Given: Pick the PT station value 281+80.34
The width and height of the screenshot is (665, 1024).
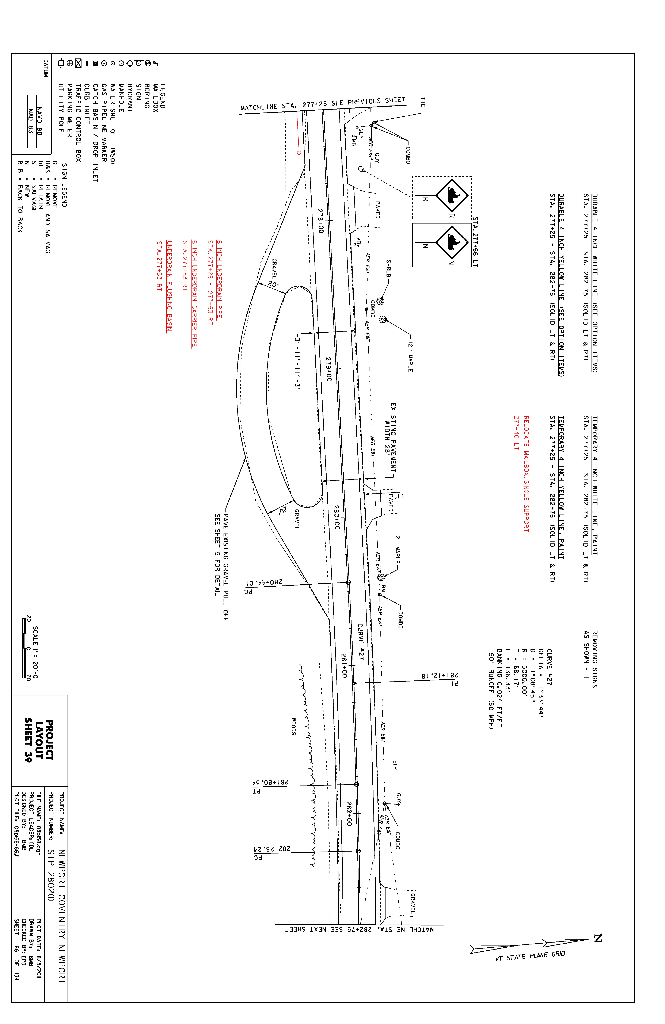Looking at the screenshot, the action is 270,782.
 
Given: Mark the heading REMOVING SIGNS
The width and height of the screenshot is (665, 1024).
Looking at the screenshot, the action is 594,659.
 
